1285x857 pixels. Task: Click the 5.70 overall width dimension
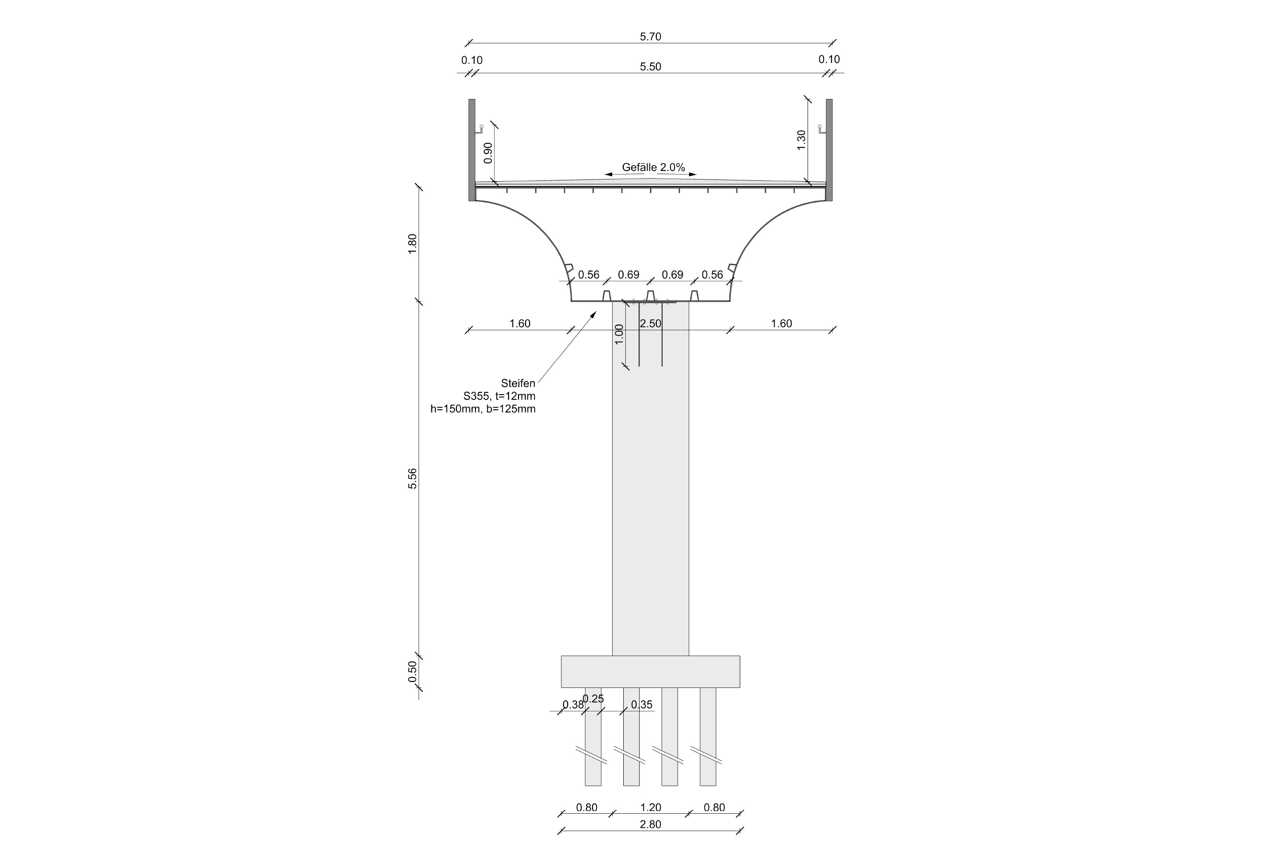tap(650, 37)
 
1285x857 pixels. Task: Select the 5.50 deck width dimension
tap(650, 67)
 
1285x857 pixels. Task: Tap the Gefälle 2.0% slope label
tap(653, 167)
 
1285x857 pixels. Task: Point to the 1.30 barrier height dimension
tap(801, 140)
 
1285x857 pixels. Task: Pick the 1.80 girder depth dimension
tap(412, 244)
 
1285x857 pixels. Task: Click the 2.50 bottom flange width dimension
tap(651, 324)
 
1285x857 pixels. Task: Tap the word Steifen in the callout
tap(518, 383)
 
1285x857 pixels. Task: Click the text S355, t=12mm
tap(499, 396)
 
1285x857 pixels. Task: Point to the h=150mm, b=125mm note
tap(483, 409)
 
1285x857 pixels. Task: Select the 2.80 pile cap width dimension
tap(650, 824)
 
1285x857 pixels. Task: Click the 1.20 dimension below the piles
tap(650, 807)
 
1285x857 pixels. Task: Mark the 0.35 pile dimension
tap(642, 704)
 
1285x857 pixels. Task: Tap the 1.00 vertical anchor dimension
tap(619, 334)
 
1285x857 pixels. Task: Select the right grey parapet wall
tap(829, 150)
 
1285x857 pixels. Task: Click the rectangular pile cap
tap(650, 671)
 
